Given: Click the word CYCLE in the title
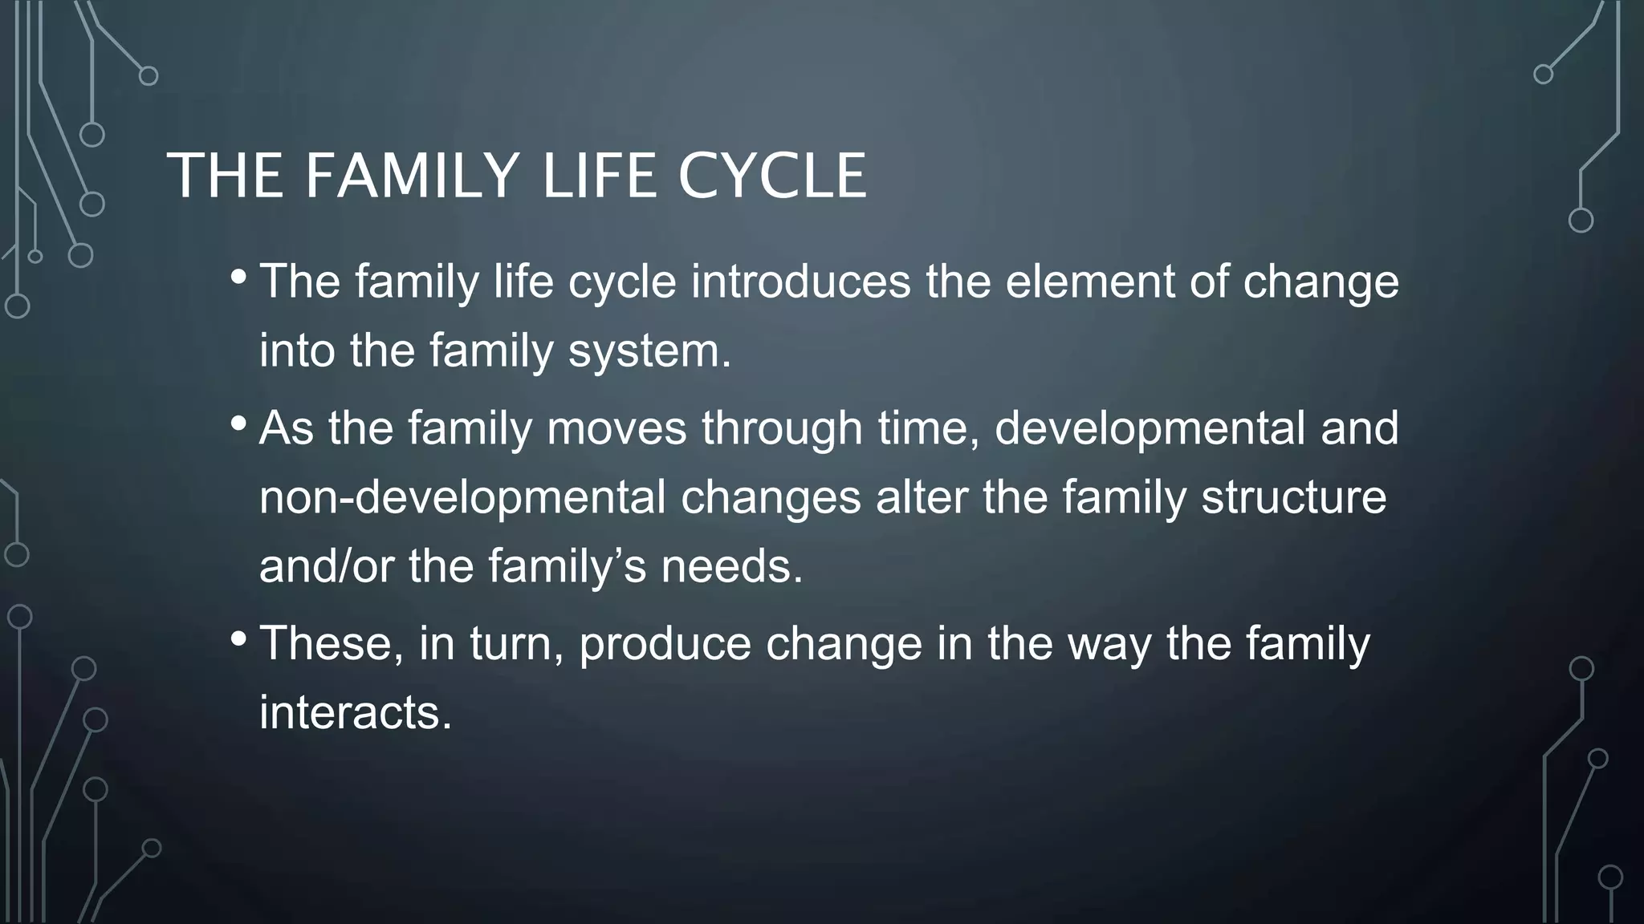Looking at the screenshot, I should [771, 176].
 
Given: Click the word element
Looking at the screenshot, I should [1089, 282].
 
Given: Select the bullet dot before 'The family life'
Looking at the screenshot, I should [238, 278].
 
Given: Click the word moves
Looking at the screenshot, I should [616, 428].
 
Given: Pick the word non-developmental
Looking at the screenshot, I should [462, 496].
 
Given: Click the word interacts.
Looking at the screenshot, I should [356, 712].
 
